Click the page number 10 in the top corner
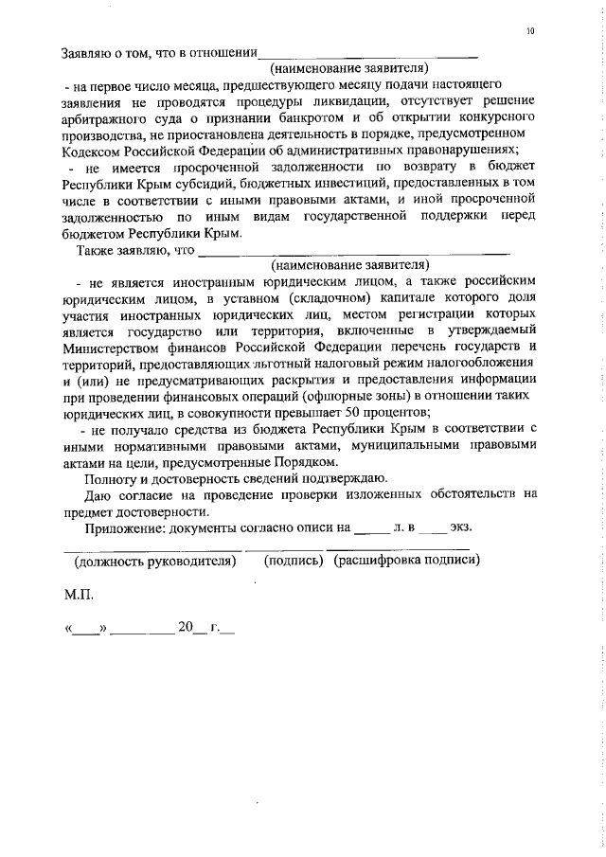[531, 31]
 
